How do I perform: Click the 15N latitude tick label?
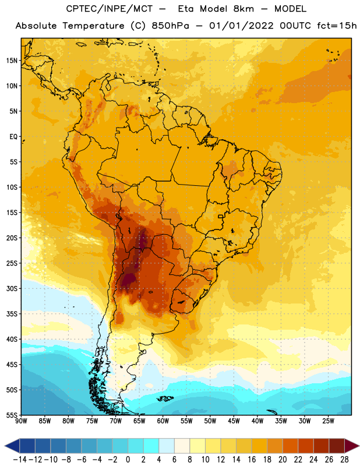coord(12,61)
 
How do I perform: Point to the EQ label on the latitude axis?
coord(13,137)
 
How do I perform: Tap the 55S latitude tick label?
coord(12,415)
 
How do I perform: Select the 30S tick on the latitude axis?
coord(12,288)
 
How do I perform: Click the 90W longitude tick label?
coord(21,421)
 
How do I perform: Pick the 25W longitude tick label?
coord(328,421)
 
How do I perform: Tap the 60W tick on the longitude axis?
coord(163,421)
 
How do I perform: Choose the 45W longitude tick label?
coord(234,421)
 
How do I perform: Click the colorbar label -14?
coord(20,460)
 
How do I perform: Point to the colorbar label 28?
coord(344,460)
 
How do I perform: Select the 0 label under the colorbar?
coord(128,460)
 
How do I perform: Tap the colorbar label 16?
coord(252,460)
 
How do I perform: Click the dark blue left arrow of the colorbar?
coord(13,446)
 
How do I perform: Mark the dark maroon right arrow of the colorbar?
coord(351,446)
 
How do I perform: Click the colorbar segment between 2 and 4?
coord(151,446)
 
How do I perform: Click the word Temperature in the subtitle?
coord(93,26)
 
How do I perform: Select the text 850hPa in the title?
coord(170,26)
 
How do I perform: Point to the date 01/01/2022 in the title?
coord(241,26)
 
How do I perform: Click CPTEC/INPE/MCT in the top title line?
coord(109,9)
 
